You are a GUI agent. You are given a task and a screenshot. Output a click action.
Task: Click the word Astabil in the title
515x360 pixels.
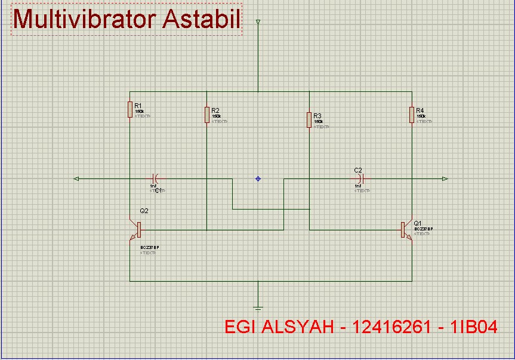click(201, 19)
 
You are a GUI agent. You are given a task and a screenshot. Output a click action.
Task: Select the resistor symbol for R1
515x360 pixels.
click(130, 109)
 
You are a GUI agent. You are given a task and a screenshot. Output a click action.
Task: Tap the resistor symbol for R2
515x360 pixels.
click(206, 115)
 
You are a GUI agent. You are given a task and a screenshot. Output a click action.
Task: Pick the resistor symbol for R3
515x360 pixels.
click(309, 119)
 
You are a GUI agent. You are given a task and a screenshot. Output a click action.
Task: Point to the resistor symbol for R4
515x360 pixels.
click(412, 115)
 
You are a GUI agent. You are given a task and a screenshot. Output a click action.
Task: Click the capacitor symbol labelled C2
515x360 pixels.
click(359, 179)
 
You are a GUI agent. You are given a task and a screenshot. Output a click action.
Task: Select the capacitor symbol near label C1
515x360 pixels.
click(155, 179)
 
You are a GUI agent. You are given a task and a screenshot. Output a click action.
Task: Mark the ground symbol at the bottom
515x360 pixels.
click(258, 308)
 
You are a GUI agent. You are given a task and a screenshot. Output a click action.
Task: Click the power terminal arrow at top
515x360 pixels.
click(258, 23)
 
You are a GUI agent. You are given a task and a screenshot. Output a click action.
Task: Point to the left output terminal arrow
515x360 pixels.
click(76, 179)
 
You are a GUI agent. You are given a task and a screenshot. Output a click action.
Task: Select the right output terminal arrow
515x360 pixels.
click(445, 179)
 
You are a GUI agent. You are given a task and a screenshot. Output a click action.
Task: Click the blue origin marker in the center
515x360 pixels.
click(258, 179)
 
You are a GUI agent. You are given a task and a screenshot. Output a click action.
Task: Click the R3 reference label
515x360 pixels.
click(317, 116)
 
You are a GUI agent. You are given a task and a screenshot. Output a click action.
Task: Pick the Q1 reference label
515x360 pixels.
click(418, 223)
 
